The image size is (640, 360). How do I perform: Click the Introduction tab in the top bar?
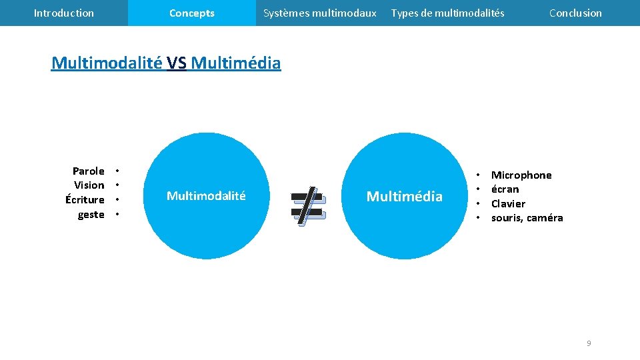(64, 13)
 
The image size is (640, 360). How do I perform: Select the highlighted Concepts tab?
(192, 13)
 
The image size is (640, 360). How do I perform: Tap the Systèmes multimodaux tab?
(319, 13)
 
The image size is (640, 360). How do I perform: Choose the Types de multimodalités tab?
(447, 13)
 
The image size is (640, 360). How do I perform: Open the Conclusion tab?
(575, 13)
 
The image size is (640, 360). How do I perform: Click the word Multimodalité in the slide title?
(107, 63)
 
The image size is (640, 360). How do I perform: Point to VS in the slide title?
(177, 63)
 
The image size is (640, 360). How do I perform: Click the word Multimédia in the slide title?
(236, 63)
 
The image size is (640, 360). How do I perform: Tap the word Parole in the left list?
(89, 171)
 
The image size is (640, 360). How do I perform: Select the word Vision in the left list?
(89, 185)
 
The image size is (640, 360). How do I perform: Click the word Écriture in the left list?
(85, 200)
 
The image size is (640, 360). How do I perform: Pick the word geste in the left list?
(91, 215)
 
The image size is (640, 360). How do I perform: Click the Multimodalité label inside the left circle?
(206, 196)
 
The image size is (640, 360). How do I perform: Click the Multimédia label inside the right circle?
(405, 196)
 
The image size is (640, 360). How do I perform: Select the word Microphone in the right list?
(521, 175)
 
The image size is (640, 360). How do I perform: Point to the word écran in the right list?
(505, 189)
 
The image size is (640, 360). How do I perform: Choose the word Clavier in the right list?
(508, 204)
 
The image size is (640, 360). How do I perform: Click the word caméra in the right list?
(545, 218)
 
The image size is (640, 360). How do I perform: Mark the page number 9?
(588, 343)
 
